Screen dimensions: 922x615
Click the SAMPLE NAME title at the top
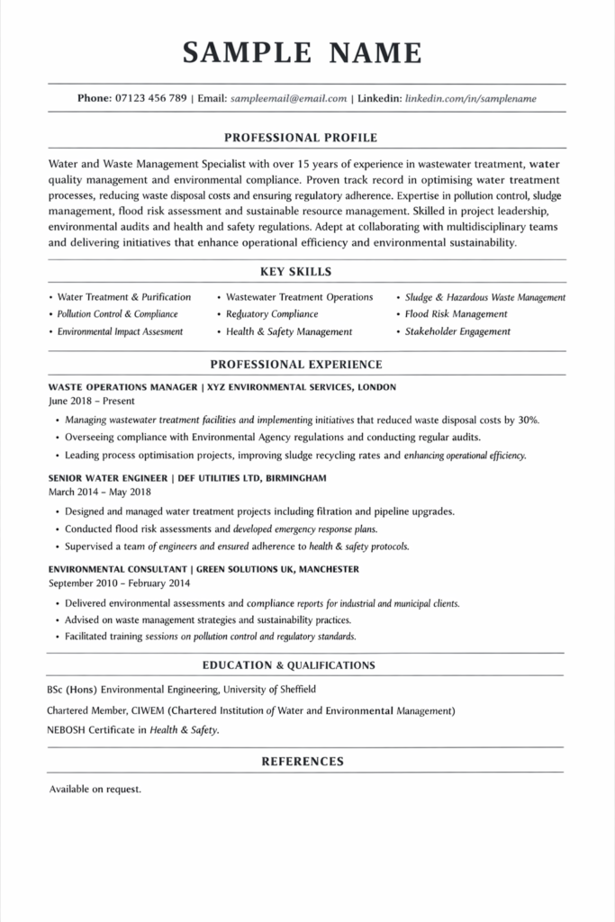coord(303,53)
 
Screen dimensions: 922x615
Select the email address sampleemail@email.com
coord(288,98)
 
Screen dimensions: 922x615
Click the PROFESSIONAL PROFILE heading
coord(301,138)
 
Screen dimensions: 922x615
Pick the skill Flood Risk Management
coord(456,314)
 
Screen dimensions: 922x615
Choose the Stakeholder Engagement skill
coord(457,331)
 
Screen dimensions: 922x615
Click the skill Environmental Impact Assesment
coord(120,331)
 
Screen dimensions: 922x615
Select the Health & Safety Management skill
coord(289,331)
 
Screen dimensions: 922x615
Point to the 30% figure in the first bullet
coord(529,420)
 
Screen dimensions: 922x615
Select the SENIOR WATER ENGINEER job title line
coord(187,477)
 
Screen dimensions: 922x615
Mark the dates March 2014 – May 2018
coord(99,492)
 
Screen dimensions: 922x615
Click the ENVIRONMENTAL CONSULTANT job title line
coord(203,569)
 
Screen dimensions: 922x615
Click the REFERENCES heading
coord(303,761)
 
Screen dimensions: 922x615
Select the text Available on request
coord(95,790)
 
